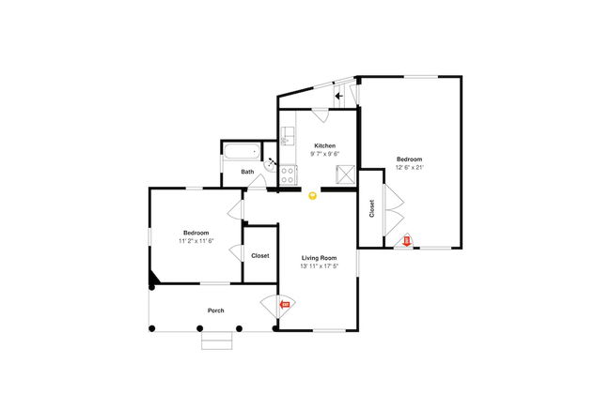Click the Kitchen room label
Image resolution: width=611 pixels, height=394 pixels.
(325, 145)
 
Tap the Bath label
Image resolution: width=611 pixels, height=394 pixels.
(247, 172)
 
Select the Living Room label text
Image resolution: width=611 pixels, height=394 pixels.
(319, 257)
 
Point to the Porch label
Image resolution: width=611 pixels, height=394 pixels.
(216, 311)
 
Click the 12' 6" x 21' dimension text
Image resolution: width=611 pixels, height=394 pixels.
(410, 167)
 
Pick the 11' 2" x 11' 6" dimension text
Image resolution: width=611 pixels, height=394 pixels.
(196, 241)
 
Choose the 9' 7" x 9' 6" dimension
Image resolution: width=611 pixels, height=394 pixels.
(325, 154)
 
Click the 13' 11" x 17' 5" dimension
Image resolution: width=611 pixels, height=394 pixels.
(319, 265)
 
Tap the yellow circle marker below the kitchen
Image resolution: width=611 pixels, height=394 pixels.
(313, 195)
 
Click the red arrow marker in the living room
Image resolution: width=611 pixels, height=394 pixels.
(285, 304)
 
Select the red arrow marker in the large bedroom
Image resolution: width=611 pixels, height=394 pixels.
(406, 241)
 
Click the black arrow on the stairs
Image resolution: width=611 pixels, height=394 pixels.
(339, 95)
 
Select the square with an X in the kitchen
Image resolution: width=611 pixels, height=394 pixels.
(346, 174)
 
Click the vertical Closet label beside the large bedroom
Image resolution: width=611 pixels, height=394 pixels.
(372, 208)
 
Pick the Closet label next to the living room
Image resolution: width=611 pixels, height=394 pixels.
(260, 256)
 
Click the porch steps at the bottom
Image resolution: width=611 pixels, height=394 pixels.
(215, 341)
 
